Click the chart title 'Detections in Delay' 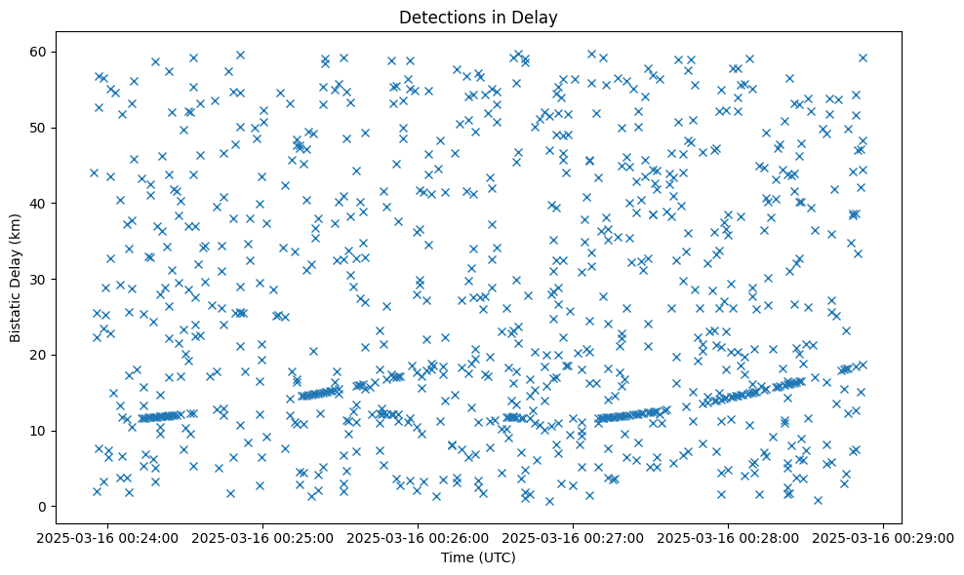[478, 17]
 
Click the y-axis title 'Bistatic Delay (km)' [17, 279]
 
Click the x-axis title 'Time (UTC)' [478, 558]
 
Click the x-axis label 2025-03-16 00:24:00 [108, 538]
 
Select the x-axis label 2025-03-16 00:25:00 [263, 538]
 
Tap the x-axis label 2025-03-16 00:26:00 [419, 538]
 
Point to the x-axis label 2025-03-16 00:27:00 [574, 538]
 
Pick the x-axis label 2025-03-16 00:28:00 [729, 538]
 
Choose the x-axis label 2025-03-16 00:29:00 [884, 538]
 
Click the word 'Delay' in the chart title [536, 17]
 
